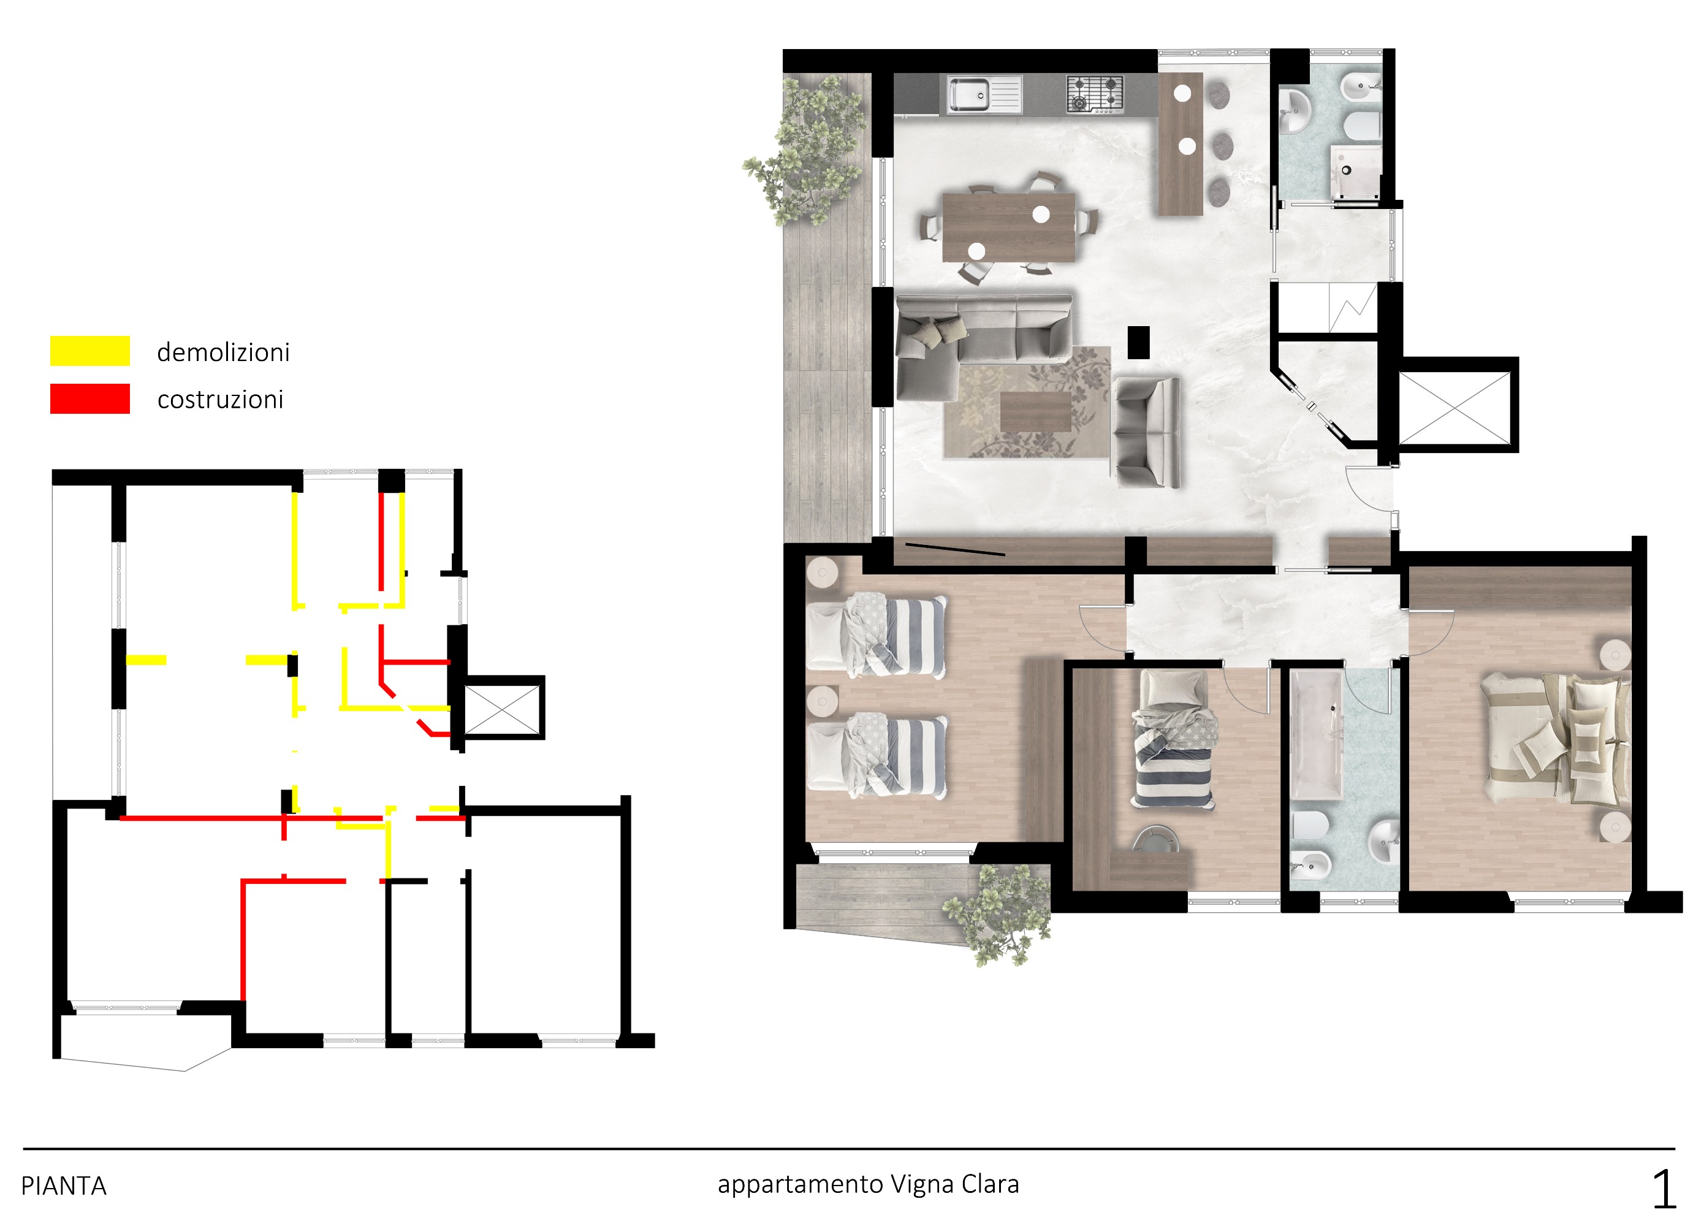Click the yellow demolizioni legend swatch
click(x=90, y=351)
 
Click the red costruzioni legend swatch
click(x=90, y=399)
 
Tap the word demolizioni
click(x=223, y=352)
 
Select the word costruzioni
click(x=220, y=399)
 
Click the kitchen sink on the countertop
click(x=984, y=94)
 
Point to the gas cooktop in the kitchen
click(x=1095, y=94)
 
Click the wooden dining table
click(x=1009, y=227)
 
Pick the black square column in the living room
click(x=1138, y=343)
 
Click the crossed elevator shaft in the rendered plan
click(x=1454, y=406)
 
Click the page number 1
click(x=1664, y=1189)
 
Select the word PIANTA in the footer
click(x=64, y=1186)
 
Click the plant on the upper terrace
click(x=805, y=153)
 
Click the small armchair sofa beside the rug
click(x=1146, y=433)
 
